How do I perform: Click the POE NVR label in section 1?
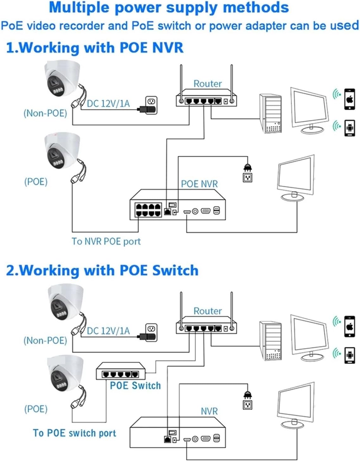point(199,184)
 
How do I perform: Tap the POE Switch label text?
point(135,386)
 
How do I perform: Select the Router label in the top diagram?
point(208,84)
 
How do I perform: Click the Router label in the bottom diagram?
point(208,311)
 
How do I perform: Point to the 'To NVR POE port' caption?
point(106,242)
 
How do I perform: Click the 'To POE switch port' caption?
point(74,433)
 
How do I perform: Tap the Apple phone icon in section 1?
point(350,99)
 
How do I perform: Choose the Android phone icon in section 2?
point(350,355)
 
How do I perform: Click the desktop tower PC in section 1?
point(270,113)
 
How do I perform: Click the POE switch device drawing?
point(121,371)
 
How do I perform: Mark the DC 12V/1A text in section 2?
point(108,331)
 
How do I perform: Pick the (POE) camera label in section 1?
point(36,182)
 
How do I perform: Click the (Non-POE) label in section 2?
point(45,340)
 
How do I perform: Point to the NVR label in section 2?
point(209,411)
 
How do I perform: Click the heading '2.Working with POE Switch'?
point(102,271)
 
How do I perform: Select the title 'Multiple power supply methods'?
point(169,8)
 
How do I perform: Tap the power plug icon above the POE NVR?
point(247,167)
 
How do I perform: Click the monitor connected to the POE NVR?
point(296,177)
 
